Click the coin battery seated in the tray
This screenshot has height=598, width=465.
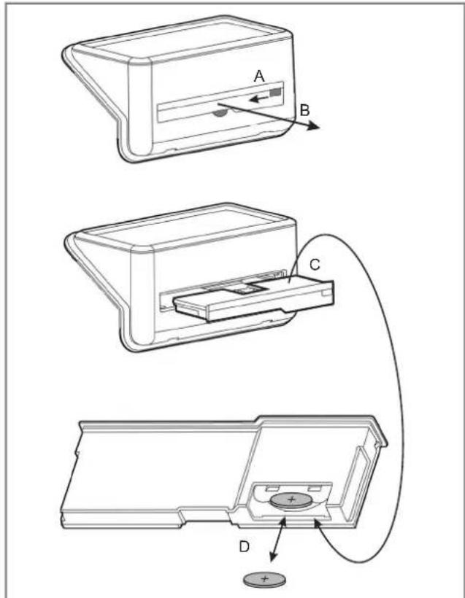[290, 500]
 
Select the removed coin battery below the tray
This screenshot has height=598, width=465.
[264, 579]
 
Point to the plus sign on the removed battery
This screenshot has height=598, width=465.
[265, 578]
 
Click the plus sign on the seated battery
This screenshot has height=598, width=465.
[291, 500]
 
